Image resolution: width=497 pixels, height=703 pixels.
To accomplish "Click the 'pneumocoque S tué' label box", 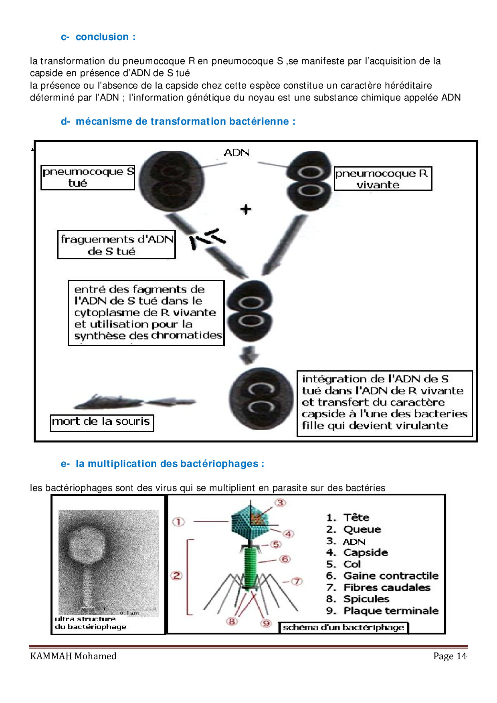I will pos(88,177).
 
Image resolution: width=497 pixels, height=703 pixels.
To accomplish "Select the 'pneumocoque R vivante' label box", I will pos(383,179).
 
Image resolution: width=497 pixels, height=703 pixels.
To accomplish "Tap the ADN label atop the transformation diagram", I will pos(236,152).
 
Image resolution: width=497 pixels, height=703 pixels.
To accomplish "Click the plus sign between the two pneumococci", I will pos(246,209).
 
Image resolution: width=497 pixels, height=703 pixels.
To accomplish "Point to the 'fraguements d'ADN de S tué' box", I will pos(116,245).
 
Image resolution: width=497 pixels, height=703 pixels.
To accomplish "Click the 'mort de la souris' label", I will pos(102,422).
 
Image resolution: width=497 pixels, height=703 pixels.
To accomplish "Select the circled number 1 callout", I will pos(178,521).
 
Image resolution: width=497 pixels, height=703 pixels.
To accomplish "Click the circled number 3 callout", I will pos(280,503).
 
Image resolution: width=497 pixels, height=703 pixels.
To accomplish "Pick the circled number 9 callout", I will pos(266,623).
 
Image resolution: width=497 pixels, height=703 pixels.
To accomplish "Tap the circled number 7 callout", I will pos(296,581).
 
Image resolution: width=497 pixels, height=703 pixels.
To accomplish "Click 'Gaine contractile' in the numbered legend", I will pos(391,576).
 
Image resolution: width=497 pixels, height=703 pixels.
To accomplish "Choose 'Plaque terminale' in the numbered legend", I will pos(391,610).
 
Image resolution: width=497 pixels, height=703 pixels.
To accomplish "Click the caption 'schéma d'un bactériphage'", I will pos(343,627).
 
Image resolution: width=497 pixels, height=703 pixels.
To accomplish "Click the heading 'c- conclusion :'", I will pos(98,37).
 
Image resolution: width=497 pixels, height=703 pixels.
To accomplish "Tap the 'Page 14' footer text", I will pos(450,656).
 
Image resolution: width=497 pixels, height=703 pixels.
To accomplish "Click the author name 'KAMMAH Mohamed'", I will pos(73,656).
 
